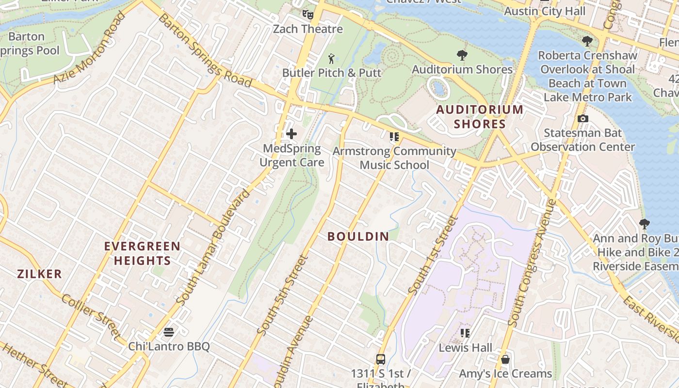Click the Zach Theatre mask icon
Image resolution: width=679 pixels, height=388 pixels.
[x=307, y=14]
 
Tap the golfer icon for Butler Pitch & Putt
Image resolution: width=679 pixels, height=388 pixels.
[x=332, y=59]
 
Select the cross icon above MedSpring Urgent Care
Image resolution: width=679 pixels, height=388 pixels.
[x=291, y=134]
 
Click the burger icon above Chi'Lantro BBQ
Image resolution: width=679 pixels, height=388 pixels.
[x=169, y=332]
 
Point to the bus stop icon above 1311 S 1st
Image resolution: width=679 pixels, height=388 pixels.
[x=381, y=359]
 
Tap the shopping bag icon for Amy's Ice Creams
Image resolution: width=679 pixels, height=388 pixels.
[x=505, y=359]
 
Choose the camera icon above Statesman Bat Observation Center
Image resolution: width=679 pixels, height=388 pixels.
[x=582, y=118]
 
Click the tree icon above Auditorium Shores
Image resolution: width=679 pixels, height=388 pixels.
[x=462, y=55]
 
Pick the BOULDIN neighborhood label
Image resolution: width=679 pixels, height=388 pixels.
[x=358, y=237]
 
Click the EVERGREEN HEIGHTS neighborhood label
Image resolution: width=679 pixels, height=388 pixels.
[x=142, y=253]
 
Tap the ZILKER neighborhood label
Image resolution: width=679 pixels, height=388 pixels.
[x=40, y=274]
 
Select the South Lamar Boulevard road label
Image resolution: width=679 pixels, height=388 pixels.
[x=214, y=247]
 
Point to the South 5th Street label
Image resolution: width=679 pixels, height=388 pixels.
[x=283, y=295]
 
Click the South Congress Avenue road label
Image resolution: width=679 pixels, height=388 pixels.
[x=532, y=262]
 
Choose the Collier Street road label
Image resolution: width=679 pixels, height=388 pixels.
[x=90, y=316]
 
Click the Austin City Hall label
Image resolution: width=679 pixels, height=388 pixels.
[x=545, y=11]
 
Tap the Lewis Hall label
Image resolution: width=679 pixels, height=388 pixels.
[x=465, y=348]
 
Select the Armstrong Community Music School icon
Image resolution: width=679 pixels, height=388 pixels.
[x=394, y=137]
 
